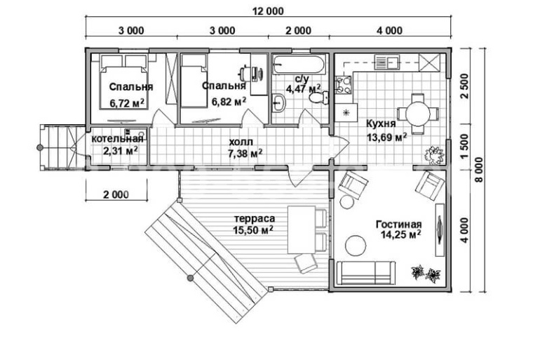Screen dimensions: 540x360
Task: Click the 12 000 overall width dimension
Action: click(269, 11)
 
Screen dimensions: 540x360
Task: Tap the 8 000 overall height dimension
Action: click(479, 170)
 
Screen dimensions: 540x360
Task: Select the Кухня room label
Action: click(381, 124)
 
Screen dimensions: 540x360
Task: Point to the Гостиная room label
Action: click(398, 225)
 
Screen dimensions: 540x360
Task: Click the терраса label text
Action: click(255, 218)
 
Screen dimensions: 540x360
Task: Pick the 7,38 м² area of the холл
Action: click(245, 153)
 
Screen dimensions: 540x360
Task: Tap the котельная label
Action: click(117, 139)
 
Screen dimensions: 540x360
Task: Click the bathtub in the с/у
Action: click(299, 65)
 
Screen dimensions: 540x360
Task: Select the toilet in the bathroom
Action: click(318, 98)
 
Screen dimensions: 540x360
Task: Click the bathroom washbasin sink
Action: click(278, 102)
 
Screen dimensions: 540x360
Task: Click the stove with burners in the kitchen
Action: click(344, 85)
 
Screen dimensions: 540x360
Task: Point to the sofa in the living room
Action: click(366, 273)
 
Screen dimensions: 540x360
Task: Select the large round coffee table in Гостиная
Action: click(356, 246)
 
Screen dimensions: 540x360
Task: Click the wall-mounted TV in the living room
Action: click(440, 229)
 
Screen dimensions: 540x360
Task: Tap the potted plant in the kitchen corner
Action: click(433, 154)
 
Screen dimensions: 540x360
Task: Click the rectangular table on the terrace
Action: click(302, 229)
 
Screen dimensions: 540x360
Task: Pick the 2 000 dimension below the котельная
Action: click(116, 194)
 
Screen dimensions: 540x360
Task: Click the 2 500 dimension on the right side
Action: click(464, 86)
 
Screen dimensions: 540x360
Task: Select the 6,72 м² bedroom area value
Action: click(127, 102)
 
